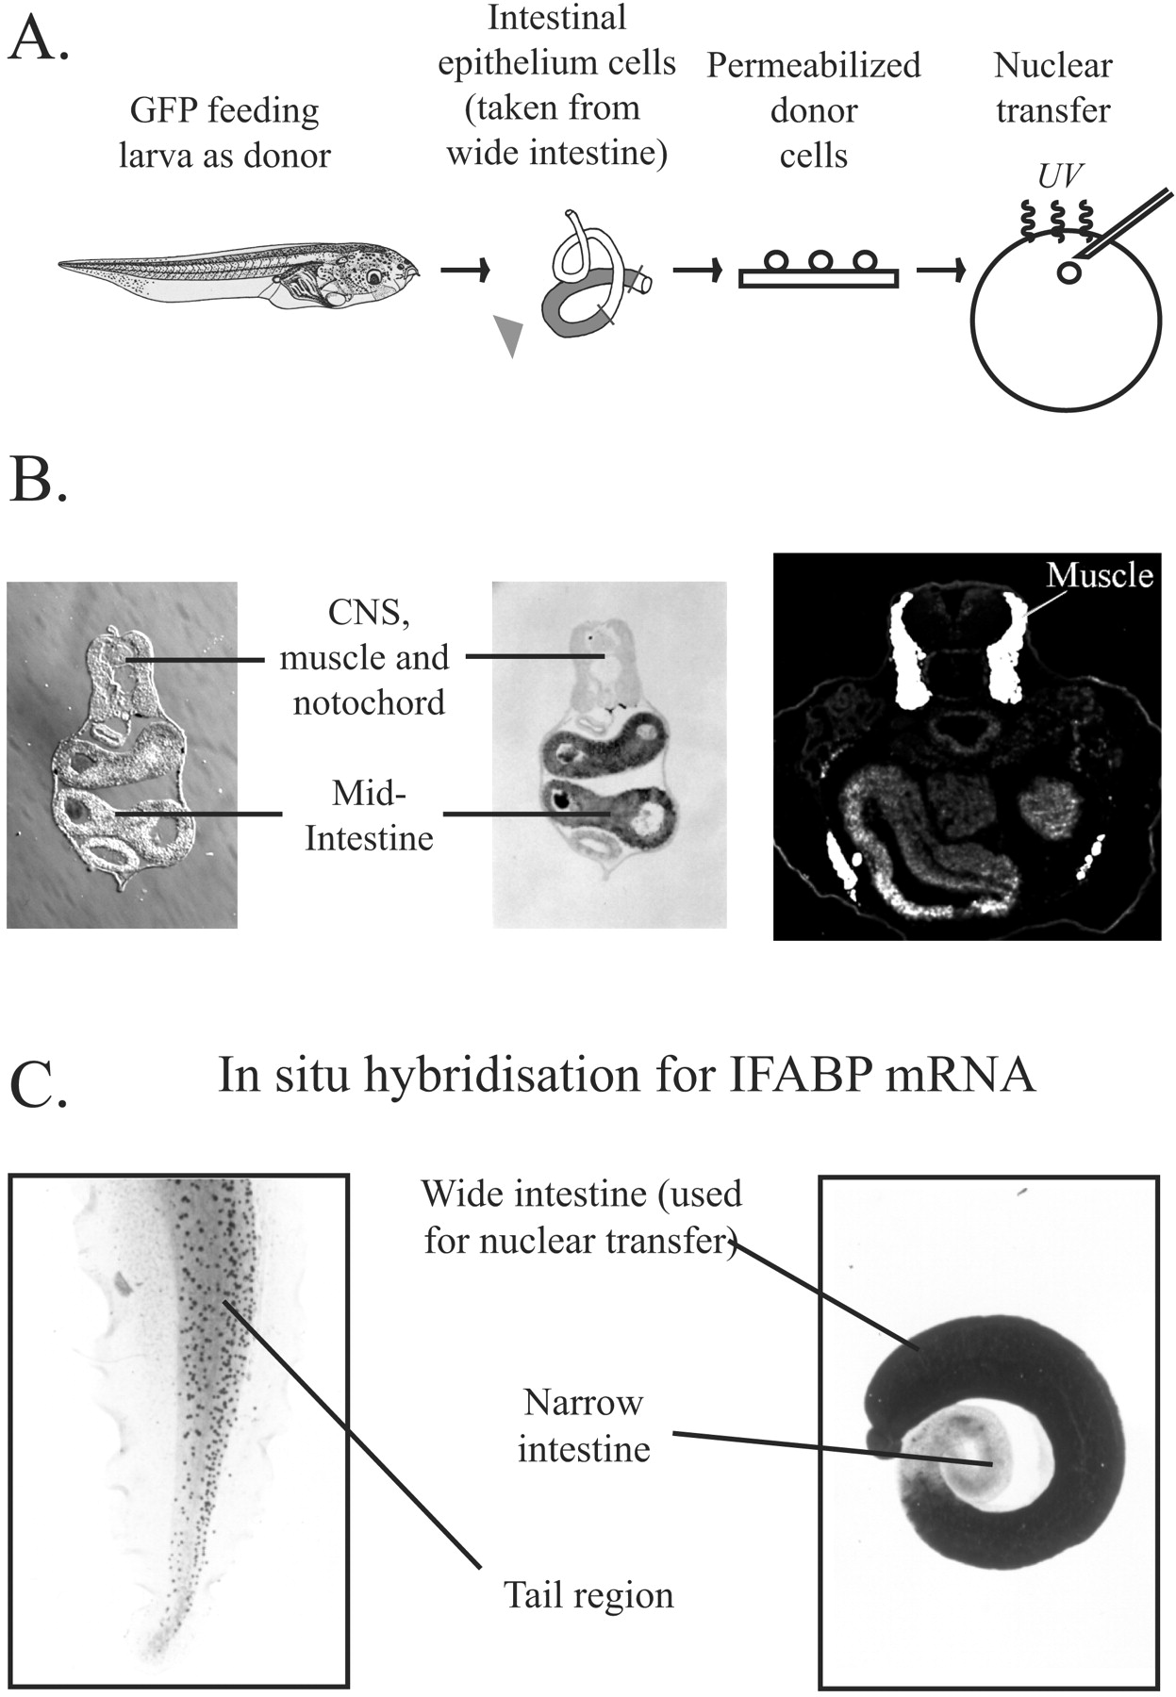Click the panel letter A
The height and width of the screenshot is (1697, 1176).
pyautogui.click(x=38, y=40)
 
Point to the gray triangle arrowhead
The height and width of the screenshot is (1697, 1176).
pyautogui.click(x=509, y=336)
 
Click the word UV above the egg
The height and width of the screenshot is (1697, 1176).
pyautogui.click(x=1060, y=176)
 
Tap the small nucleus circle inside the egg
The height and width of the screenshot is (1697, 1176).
pyautogui.click(x=1069, y=272)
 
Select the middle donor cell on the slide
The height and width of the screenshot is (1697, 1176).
pyautogui.click(x=819, y=260)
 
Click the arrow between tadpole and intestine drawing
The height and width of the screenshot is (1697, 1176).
pyautogui.click(x=466, y=272)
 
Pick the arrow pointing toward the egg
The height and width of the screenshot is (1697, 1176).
pyautogui.click(x=940, y=272)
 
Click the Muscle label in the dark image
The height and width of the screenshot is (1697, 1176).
pyautogui.click(x=1100, y=574)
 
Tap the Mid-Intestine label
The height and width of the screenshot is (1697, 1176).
pyautogui.click(x=368, y=816)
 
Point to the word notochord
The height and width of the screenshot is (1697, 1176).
pyautogui.click(x=369, y=702)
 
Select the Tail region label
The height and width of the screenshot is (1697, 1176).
pyautogui.click(x=588, y=1594)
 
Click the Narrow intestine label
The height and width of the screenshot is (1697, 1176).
pyautogui.click(x=584, y=1425)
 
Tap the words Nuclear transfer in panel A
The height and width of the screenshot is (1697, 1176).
pyautogui.click(x=1052, y=88)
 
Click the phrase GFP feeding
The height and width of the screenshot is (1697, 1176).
pyautogui.click(x=224, y=110)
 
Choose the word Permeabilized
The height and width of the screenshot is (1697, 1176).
pyautogui.click(x=814, y=65)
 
